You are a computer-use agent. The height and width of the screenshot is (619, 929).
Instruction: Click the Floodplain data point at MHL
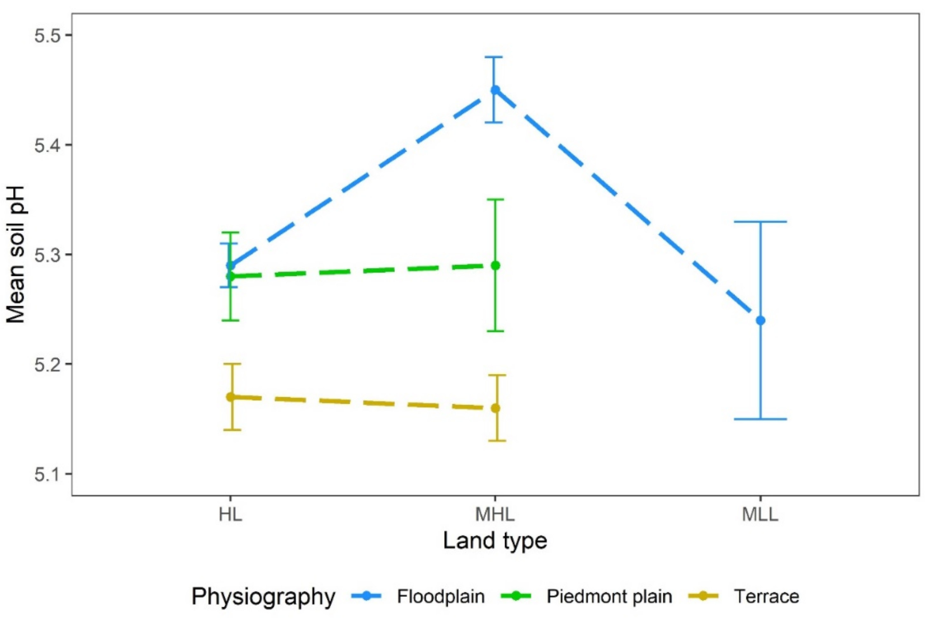(495, 90)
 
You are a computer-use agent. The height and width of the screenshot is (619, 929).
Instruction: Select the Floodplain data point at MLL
(760, 321)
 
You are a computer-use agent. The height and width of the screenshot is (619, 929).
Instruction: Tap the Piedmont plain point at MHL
(495, 266)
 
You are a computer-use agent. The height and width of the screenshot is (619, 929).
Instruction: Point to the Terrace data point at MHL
(495, 408)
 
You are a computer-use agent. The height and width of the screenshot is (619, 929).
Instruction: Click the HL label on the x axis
(230, 515)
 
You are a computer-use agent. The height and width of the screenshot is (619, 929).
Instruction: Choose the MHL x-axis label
(495, 515)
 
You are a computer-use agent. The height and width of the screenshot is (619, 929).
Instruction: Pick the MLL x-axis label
(760, 515)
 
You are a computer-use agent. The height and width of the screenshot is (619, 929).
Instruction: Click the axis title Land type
(495, 541)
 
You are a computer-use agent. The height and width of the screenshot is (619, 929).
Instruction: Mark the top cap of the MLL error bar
(760, 222)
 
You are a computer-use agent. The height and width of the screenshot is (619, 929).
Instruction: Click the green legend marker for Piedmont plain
(516, 596)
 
